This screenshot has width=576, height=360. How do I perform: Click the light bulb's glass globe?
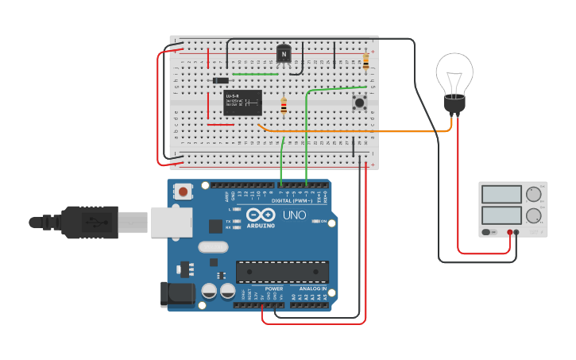(x=454, y=72)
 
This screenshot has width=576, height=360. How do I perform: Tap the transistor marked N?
(x=284, y=53)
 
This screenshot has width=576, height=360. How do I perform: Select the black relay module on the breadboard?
(x=242, y=103)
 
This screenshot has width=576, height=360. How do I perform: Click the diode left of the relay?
(x=221, y=80)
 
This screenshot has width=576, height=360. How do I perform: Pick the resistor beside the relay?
(x=284, y=106)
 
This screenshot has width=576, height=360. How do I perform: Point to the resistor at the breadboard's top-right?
(x=365, y=60)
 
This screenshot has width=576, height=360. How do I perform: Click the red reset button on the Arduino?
(x=184, y=192)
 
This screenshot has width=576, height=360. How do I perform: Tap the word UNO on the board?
(x=295, y=215)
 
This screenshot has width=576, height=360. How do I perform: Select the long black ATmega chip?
(x=282, y=271)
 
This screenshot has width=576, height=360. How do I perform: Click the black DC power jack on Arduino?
(x=176, y=294)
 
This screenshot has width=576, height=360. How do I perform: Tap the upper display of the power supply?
(x=501, y=195)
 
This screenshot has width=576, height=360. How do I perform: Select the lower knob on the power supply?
(x=533, y=214)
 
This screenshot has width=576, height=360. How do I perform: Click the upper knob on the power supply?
(x=533, y=194)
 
